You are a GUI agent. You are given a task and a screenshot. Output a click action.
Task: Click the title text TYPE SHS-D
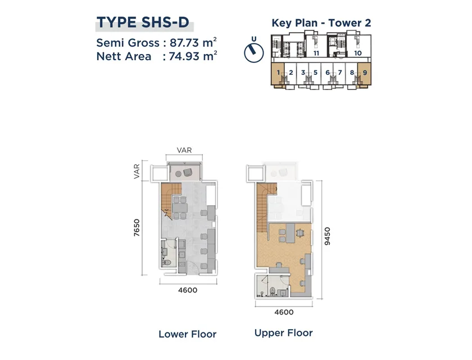pos(143,22)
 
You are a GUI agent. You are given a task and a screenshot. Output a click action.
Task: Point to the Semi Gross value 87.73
pos(184,43)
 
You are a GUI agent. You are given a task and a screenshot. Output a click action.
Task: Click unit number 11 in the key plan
pos(316,53)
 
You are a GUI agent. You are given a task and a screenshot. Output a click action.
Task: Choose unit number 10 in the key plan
pos(357,53)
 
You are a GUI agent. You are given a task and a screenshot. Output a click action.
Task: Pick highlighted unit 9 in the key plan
pos(365,73)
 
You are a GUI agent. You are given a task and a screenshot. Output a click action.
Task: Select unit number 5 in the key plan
pos(315,73)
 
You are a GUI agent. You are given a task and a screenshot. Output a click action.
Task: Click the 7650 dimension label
pos(137,227)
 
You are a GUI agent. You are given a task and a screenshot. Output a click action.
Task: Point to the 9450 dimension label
pos(327,236)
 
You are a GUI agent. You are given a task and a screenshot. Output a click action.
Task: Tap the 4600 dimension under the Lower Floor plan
pos(188,290)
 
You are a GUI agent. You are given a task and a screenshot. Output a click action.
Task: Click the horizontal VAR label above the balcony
pos(184,150)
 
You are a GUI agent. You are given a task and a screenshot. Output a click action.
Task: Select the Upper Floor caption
pos(284,333)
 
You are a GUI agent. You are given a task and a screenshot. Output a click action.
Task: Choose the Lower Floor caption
pos(188,334)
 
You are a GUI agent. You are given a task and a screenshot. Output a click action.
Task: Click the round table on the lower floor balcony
pos(178,173)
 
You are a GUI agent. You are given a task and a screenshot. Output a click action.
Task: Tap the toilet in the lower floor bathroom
pos(166,262)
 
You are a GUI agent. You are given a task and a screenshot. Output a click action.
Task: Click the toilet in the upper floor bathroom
pos(273,291)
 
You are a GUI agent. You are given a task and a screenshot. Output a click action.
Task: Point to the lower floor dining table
pos(180,208)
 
